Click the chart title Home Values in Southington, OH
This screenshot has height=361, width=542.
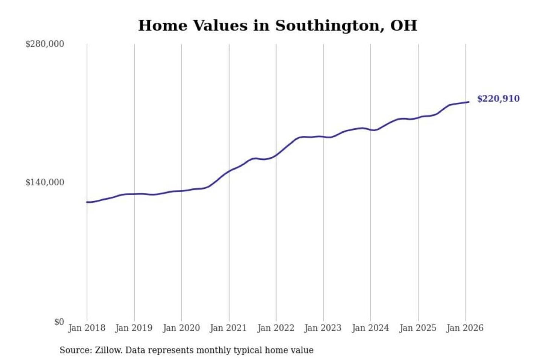pos(277,26)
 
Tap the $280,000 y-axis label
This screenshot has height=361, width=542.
pos(45,44)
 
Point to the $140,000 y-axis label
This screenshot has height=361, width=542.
pos(45,182)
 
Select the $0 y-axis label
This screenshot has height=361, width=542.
pos(59,322)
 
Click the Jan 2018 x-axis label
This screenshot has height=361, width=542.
pos(87,328)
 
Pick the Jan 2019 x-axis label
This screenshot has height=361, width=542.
pos(134,328)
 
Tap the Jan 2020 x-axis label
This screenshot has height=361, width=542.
pos(181,328)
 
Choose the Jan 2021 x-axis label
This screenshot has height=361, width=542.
pos(228,328)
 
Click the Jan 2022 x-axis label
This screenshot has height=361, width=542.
pos(276,328)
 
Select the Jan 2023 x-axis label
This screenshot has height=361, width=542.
pos(323,328)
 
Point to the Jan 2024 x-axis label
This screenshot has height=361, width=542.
pos(370,328)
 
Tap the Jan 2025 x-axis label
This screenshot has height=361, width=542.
pos(417,328)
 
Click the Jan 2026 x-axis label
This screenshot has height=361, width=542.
pos(464,328)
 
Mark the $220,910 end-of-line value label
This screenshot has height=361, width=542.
pos(498,99)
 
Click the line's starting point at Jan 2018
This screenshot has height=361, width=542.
pos(87,202)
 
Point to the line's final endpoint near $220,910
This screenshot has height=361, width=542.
pos(469,102)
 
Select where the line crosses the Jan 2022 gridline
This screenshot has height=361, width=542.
pos(276,155)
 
